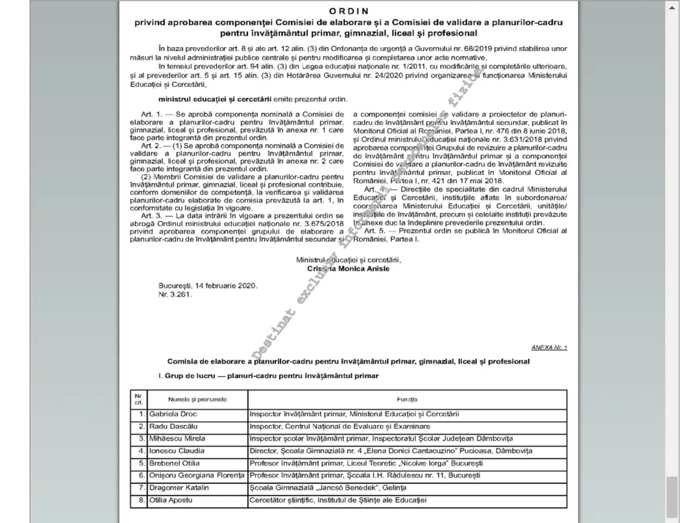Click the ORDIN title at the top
tap(348, 11)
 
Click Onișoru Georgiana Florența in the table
tap(197, 475)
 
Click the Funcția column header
tap(407, 400)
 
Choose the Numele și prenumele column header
tap(197, 400)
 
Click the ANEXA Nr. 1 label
tap(549, 348)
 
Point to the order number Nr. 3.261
tap(175, 295)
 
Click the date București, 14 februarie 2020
tap(207, 286)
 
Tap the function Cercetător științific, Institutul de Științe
tap(337, 500)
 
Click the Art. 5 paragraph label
tap(375, 231)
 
